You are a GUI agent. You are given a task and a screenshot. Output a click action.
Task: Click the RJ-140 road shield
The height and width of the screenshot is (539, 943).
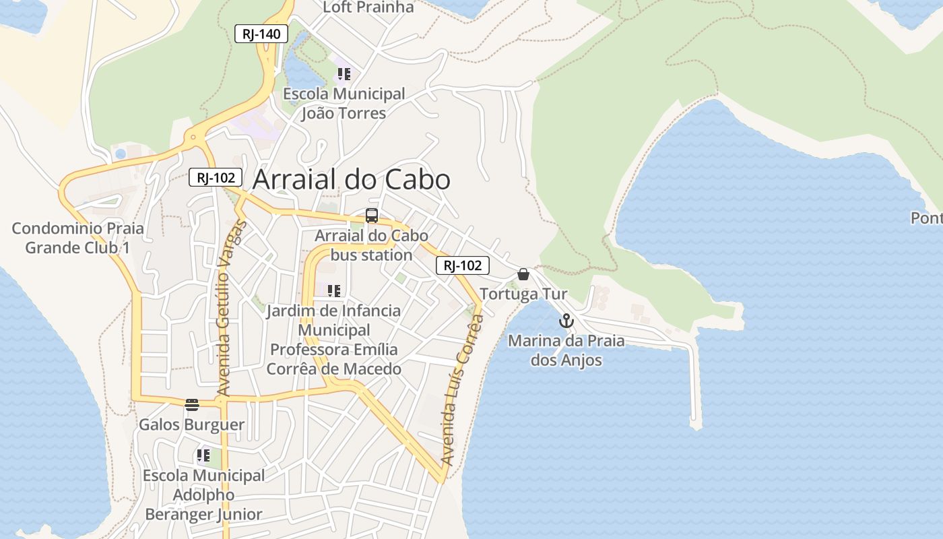click(261, 33)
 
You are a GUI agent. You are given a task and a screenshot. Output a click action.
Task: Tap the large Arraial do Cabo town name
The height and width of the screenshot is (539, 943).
click(351, 180)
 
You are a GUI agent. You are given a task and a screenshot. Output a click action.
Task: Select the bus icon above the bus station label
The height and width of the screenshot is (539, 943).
click(372, 216)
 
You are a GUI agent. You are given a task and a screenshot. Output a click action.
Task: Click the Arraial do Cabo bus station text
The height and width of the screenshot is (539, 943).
click(371, 246)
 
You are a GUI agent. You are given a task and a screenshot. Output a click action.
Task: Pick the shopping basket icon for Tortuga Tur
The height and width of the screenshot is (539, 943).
click(523, 274)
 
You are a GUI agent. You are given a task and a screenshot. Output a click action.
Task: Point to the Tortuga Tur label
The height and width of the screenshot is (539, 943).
click(523, 294)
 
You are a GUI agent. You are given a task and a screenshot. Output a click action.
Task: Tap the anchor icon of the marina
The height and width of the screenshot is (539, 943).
click(566, 321)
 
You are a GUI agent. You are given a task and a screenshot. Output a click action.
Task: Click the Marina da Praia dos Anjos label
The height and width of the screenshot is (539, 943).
click(566, 350)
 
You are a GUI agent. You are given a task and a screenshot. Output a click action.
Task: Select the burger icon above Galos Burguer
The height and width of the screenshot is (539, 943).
click(192, 405)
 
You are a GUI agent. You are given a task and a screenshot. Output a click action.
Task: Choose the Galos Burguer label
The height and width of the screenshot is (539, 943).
click(191, 425)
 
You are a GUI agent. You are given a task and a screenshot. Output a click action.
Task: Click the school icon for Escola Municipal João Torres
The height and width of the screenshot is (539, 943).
click(344, 74)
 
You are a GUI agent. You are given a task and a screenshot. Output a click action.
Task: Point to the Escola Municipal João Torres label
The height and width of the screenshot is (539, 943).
click(344, 103)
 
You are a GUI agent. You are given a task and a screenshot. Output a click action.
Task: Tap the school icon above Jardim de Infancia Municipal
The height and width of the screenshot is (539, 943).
click(333, 291)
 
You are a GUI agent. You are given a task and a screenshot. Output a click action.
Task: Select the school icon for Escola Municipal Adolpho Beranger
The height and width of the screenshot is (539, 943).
click(203, 455)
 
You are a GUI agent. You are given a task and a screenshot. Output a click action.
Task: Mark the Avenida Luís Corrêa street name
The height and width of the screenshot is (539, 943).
click(462, 391)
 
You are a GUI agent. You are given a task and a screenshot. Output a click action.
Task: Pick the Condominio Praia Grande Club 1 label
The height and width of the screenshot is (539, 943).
click(77, 238)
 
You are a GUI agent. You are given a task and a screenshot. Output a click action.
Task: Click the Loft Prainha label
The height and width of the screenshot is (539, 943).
click(368, 7)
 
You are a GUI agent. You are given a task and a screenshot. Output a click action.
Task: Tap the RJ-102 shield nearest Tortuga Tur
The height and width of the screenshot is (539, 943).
click(462, 265)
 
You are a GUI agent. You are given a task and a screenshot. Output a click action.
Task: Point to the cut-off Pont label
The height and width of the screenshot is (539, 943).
click(926, 218)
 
